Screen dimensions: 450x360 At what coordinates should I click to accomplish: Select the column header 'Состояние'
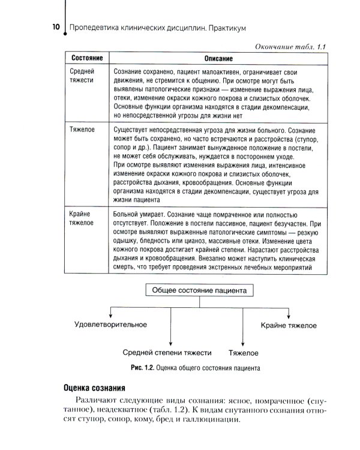point(86,58)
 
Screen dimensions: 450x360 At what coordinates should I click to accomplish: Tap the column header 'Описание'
point(214,59)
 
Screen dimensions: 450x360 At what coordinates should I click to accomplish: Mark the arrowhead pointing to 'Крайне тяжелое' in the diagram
point(289,316)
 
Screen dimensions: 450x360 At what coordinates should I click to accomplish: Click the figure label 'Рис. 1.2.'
point(142,367)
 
